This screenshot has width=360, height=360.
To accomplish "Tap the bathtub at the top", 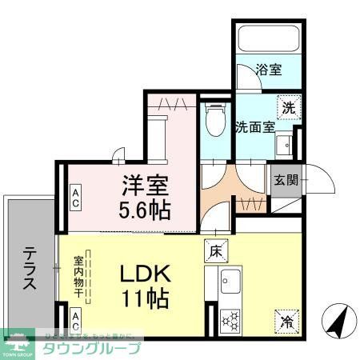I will [x=268, y=36].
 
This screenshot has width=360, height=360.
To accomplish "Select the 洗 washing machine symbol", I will [x=288, y=106].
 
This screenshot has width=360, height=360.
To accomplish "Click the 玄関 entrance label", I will [x=284, y=180].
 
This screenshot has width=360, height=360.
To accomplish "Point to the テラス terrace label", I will [x=28, y=268].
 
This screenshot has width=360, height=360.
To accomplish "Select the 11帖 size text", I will [x=144, y=300].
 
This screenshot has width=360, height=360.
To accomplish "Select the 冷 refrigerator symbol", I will [x=286, y=321].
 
